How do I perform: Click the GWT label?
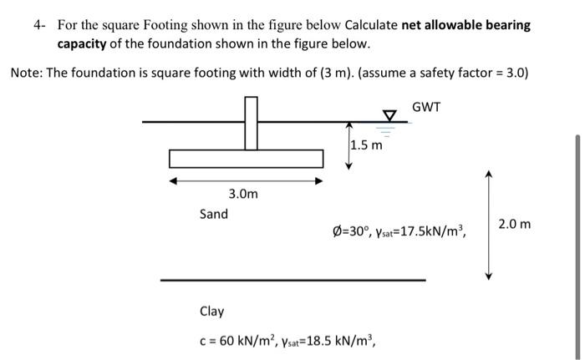pyautogui.click(x=426, y=108)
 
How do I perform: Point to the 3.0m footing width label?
pyautogui.click(x=243, y=194)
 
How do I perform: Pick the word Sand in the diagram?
pyautogui.click(x=213, y=214)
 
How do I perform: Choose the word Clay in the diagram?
pyautogui.click(x=211, y=312)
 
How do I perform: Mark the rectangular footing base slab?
pyautogui.click(x=246, y=158)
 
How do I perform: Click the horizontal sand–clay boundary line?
pyautogui.click(x=292, y=280)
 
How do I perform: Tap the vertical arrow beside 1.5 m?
pyautogui.click(x=348, y=145)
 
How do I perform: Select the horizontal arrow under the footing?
pyautogui.click(x=247, y=180)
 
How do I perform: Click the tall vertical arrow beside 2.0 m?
pyautogui.click(x=491, y=225)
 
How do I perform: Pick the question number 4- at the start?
pyautogui.click(x=39, y=25)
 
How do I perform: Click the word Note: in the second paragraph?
pyautogui.click(x=27, y=72)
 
